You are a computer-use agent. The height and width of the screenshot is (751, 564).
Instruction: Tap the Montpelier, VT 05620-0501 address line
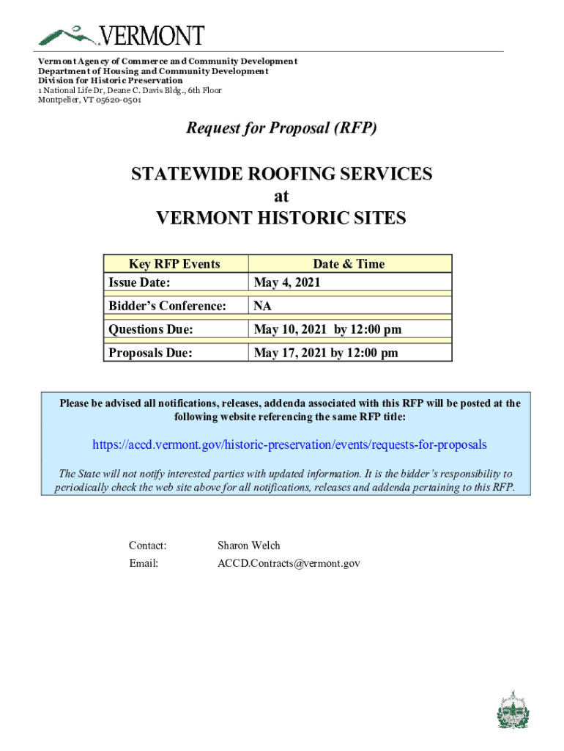(89, 100)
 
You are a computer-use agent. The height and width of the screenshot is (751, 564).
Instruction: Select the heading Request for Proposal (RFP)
(281, 128)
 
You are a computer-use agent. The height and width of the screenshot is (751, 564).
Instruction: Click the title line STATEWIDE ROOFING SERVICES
(281, 175)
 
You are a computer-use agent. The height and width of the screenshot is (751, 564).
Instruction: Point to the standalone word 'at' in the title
(281, 197)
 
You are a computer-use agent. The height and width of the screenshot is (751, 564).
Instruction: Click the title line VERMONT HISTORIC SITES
(281, 219)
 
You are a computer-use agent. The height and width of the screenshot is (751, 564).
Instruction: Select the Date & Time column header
(349, 264)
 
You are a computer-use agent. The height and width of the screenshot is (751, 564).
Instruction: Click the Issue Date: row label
(140, 282)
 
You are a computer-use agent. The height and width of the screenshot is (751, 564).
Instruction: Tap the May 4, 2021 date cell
(286, 282)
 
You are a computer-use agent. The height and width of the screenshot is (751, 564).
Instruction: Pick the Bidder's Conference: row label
(167, 306)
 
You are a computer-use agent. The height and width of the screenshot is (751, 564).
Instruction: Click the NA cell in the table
(263, 306)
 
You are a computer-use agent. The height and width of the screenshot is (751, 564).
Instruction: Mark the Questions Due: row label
(151, 330)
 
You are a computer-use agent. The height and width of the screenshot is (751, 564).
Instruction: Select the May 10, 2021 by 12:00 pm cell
(327, 330)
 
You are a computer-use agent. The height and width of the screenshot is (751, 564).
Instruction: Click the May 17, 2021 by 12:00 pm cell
(326, 353)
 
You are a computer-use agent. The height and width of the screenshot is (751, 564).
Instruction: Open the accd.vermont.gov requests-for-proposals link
(289, 445)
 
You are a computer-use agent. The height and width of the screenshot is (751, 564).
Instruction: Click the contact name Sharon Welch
(249, 546)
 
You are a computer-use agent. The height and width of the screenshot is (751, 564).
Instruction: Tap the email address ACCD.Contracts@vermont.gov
(289, 563)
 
